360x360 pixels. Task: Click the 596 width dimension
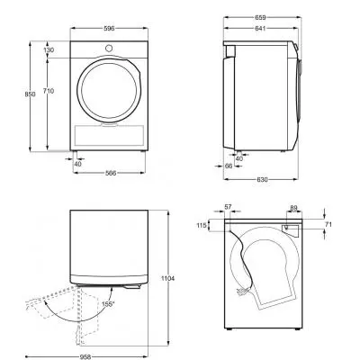coord(108,28)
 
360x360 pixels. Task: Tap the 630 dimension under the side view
coord(262,179)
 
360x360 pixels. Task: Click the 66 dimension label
coord(229,166)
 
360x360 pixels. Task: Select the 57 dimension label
coord(228,207)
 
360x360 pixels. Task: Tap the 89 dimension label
coord(293,207)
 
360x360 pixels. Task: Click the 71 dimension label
coord(328,223)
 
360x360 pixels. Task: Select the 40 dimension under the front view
coord(77,164)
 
